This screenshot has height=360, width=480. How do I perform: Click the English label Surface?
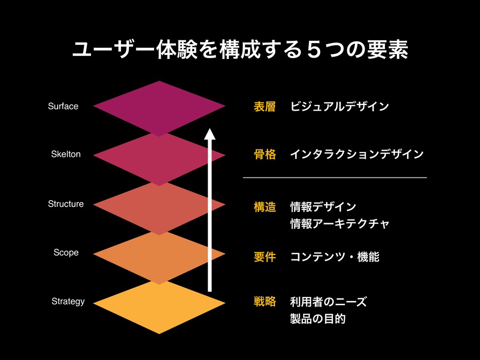63,106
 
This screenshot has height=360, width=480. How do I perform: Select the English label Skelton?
66,154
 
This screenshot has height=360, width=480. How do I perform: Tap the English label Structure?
66,204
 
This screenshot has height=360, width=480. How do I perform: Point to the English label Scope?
66,253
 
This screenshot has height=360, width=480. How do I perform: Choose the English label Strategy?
68,301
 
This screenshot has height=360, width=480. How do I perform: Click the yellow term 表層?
264,107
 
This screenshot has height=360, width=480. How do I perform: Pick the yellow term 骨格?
264,154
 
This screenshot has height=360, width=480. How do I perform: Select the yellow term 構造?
264,207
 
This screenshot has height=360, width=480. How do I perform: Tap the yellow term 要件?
264,257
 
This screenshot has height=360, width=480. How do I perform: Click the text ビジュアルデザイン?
339,107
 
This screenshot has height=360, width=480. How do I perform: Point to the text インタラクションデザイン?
357,154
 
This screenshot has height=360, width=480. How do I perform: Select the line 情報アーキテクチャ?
340,223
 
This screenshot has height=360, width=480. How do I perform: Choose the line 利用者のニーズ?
328,302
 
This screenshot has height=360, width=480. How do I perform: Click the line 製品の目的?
318,319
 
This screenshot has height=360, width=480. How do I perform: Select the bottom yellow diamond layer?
159,309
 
